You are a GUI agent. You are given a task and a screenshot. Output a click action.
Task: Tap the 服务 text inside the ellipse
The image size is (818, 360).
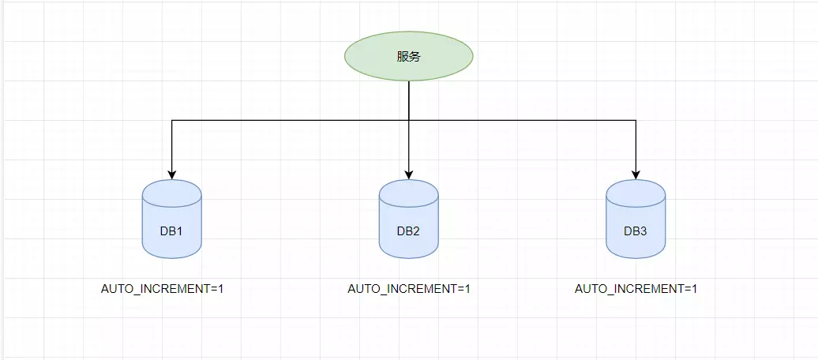tap(408, 57)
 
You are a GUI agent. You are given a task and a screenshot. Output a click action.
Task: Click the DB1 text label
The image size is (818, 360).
tap(172, 231)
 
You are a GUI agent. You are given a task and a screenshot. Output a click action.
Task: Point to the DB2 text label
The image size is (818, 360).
tap(408, 231)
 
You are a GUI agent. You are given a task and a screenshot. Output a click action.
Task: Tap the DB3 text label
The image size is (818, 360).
tap(636, 231)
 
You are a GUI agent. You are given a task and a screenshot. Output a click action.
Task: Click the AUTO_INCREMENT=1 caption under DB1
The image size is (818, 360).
tap(163, 289)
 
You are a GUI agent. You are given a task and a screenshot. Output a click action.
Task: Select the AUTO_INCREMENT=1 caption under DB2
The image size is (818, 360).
tap(409, 289)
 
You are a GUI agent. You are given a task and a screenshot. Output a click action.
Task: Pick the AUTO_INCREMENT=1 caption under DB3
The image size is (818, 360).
tap(636, 289)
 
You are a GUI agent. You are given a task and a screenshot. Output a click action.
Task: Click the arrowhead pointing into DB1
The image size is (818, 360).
tap(172, 174)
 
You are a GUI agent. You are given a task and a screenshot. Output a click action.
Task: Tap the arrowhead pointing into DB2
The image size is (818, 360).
tap(408, 174)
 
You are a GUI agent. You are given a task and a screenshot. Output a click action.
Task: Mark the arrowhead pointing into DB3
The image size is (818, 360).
tap(636, 174)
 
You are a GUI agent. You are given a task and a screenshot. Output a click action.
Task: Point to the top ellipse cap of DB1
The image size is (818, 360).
tap(172, 190)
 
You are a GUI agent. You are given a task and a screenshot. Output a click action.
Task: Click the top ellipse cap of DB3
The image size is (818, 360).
tap(636, 190)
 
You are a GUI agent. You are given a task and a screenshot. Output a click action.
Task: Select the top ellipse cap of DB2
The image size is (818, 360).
tap(408, 190)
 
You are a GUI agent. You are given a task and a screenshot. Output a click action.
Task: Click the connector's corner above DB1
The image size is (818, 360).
tap(172, 120)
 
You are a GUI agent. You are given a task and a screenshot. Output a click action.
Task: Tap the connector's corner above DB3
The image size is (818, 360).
tap(636, 120)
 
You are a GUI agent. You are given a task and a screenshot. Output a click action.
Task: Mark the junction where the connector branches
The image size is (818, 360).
tap(408, 120)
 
